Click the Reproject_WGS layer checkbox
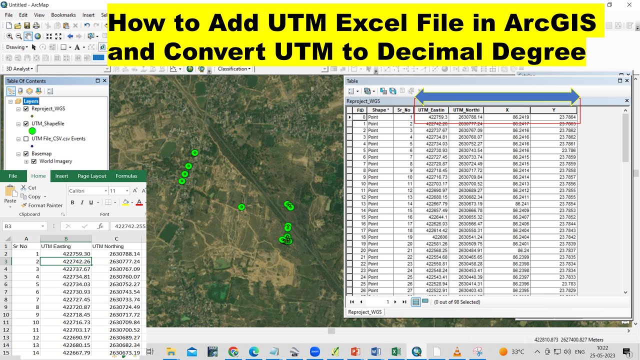(x=26, y=108)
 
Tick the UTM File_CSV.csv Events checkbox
(x=26, y=138)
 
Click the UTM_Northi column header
(x=465, y=110)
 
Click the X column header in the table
(x=507, y=110)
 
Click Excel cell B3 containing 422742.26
(x=66, y=261)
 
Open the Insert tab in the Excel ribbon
(x=61, y=176)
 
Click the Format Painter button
(x=42, y=205)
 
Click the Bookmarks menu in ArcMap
(x=63, y=15)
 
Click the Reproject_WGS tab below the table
(x=365, y=312)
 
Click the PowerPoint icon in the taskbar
(x=355, y=351)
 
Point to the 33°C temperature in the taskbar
(x=518, y=351)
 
